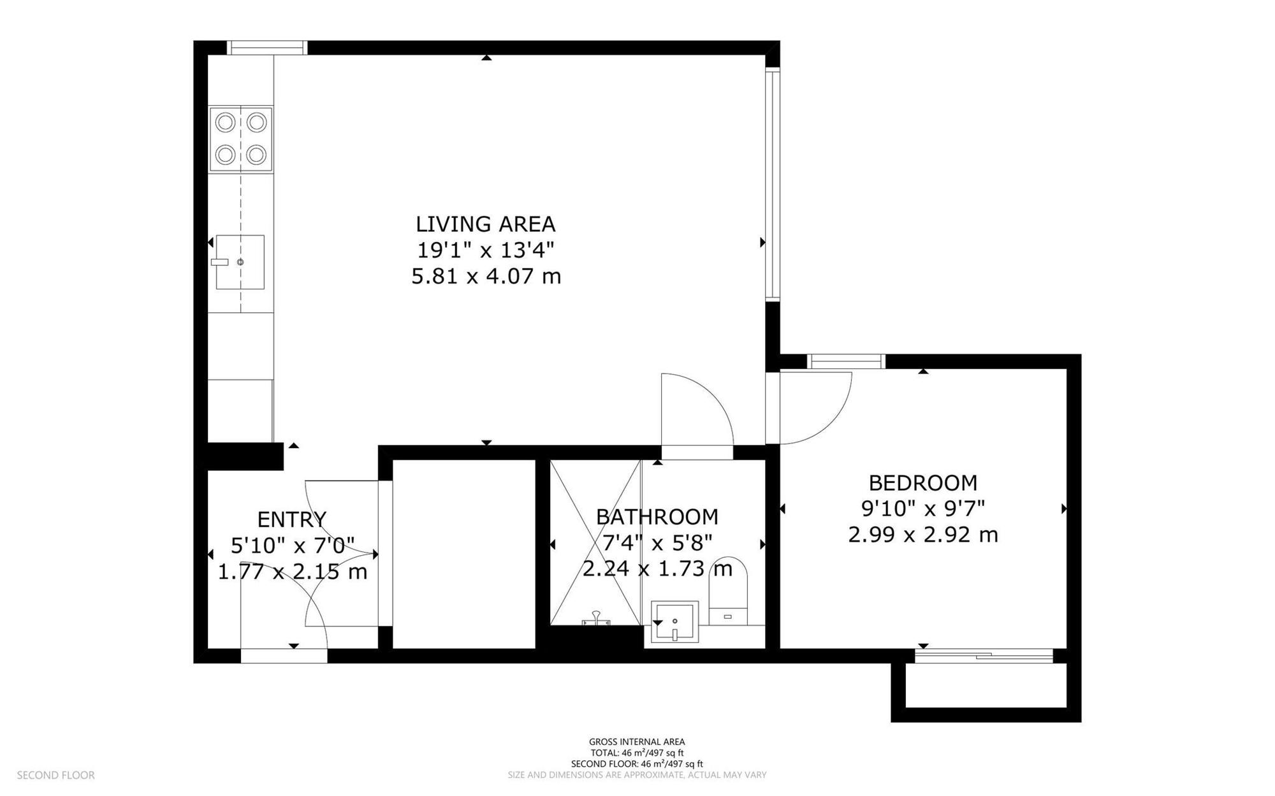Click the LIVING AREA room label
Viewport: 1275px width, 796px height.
(x=486, y=224)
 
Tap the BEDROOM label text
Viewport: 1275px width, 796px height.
(x=922, y=482)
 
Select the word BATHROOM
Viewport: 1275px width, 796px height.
(x=657, y=517)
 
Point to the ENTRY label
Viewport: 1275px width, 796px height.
(x=292, y=519)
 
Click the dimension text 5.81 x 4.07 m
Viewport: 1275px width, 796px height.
(x=486, y=277)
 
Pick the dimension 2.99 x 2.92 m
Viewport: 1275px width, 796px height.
(x=922, y=534)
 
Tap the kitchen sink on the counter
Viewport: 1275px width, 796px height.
(x=240, y=262)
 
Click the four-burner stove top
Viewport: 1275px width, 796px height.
(x=241, y=139)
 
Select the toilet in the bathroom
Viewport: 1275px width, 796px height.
(x=728, y=591)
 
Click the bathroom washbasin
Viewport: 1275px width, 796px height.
(x=674, y=621)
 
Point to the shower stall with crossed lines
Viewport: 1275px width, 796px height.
(x=595, y=542)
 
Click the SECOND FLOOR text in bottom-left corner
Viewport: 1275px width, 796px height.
(x=55, y=776)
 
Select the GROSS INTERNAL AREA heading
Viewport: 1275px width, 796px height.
(x=637, y=742)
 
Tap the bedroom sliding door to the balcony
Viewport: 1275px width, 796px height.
(x=984, y=656)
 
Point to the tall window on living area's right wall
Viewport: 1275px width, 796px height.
(x=773, y=184)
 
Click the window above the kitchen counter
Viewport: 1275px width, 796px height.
(x=267, y=48)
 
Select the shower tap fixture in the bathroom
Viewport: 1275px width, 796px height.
(x=595, y=619)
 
